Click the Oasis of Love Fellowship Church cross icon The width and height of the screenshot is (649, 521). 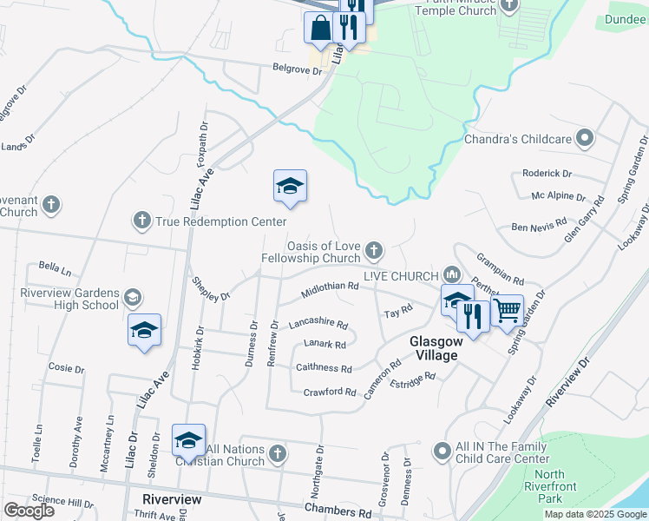pyautogui.click(x=374, y=251)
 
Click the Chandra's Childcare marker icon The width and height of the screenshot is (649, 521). pyautogui.click(x=585, y=138)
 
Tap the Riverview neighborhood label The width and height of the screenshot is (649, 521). pyautogui.click(x=172, y=499)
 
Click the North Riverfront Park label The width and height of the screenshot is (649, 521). pyautogui.click(x=549, y=486)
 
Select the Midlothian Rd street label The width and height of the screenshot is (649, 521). pyautogui.click(x=330, y=287)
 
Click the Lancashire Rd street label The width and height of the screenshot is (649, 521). pyautogui.click(x=318, y=323)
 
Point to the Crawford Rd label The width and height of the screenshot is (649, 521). pyautogui.click(x=330, y=392)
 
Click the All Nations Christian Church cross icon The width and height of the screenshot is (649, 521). pyautogui.click(x=277, y=453)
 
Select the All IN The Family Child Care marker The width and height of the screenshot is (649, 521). pyautogui.click(x=442, y=451)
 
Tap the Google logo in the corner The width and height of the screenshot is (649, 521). pyautogui.click(x=29, y=511)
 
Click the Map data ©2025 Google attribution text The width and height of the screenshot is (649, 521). pyautogui.click(x=594, y=514)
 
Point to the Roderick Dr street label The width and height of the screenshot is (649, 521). pyautogui.click(x=547, y=174)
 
